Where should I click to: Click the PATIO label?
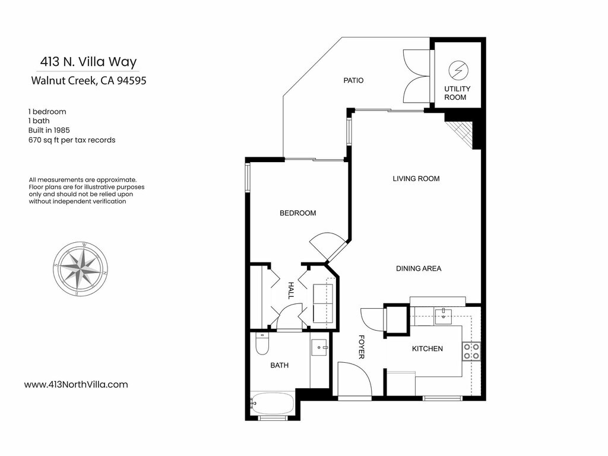[x=353, y=80]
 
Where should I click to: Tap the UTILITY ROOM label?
[x=457, y=93]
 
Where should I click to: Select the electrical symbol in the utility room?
[x=458, y=71]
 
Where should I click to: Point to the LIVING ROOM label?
[x=416, y=179]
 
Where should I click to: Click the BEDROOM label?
[x=298, y=213]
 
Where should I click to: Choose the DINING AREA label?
[x=419, y=268]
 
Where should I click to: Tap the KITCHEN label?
[x=427, y=349]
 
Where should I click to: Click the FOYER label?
[x=362, y=347]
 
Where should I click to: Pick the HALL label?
[x=291, y=290]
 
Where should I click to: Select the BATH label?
[x=279, y=365]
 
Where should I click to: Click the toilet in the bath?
[x=262, y=344]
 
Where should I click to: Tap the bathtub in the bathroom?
[x=272, y=403]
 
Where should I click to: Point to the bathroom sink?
[x=320, y=347]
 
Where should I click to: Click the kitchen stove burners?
[x=471, y=351]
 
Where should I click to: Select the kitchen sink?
[x=443, y=316]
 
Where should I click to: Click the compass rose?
[x=80, y=269]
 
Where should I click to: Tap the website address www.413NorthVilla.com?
[x=76, y=385]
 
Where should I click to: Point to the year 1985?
[x=62, y=130]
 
